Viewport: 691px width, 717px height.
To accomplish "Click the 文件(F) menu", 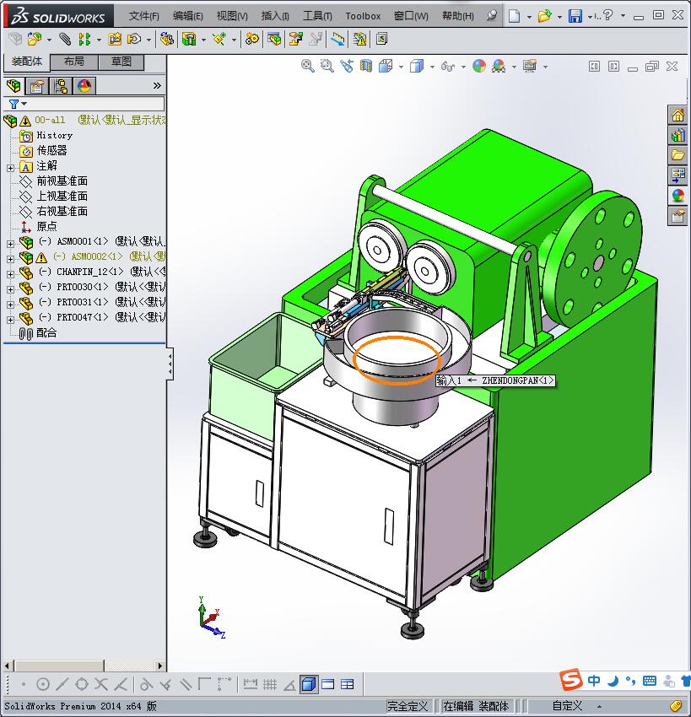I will point(143,16).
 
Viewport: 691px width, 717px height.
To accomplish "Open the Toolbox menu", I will point(363,16).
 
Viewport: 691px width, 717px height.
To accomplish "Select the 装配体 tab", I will point(26,62).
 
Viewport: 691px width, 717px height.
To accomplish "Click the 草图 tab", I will point(121,62).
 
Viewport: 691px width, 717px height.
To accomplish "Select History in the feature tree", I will point(54,135).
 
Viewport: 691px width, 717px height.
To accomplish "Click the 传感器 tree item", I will point(51,150).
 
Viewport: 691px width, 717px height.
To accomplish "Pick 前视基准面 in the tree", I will point(62,181).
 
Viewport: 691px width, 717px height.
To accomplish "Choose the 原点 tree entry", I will point(46,226).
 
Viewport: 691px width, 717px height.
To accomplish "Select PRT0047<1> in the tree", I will point(83,317).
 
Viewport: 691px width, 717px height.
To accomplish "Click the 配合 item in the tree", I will point(46,332).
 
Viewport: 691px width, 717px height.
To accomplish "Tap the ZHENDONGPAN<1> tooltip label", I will point(495,380).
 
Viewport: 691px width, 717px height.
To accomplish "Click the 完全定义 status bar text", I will point(408,706).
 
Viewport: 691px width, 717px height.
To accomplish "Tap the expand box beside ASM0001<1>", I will point(11,242).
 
